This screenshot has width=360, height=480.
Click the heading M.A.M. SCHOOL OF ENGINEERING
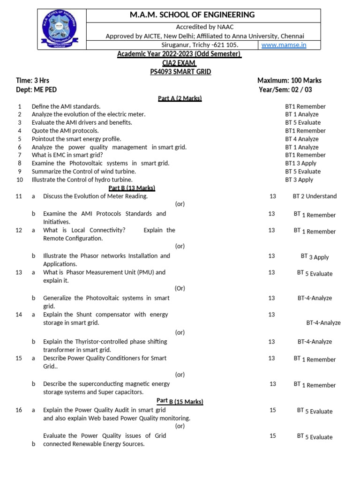192,15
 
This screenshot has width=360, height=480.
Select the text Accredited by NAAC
204,27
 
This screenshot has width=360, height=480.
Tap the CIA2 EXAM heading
179,63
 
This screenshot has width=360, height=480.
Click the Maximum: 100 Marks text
289,80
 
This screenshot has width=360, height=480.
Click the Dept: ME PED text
36,89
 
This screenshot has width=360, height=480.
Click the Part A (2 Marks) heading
180,98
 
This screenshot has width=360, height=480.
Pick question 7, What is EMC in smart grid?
67,155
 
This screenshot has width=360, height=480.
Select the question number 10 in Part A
20,180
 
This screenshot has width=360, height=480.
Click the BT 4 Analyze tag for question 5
301,139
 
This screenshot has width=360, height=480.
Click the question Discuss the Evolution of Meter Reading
95,196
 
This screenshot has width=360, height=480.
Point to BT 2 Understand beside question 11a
315,196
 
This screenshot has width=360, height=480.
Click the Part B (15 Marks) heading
180,401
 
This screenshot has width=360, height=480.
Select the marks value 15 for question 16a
272,410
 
